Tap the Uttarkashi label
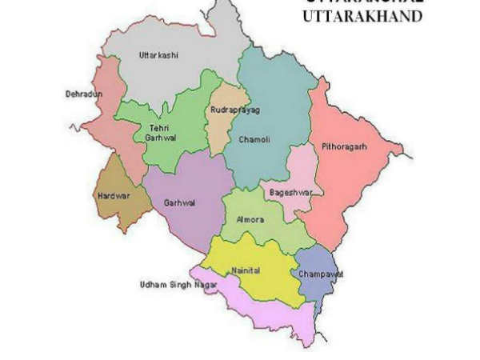[158, 55]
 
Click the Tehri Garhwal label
[161, 133]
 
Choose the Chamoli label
[254, 140]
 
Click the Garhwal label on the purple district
[178, 202]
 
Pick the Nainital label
[244, 270]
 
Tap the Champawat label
[320, 274]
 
